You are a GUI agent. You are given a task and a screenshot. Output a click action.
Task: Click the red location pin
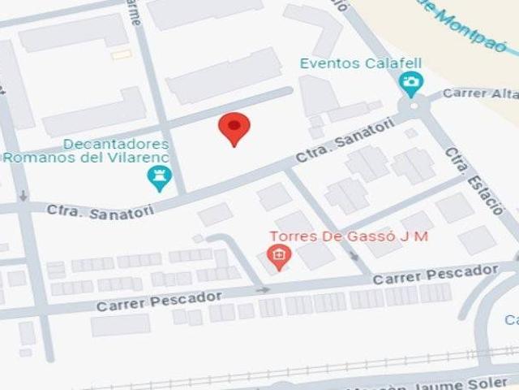[234, 128]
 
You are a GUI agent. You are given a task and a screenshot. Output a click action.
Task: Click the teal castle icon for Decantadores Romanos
[159, 177]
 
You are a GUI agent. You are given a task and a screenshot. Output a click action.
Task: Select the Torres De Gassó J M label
[349, 236]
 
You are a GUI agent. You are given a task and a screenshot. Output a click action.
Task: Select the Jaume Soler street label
[466, 380]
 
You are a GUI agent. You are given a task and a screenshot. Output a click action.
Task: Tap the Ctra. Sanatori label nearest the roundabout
[346, 143]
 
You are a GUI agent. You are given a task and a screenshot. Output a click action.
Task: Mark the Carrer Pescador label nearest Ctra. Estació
[435, 274]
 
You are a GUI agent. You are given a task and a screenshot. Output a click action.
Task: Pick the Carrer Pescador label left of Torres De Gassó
[158, 301]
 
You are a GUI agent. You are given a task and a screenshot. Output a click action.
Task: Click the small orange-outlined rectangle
[122, 54]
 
